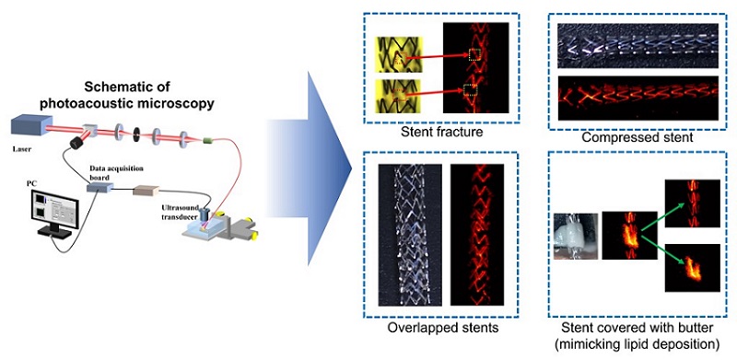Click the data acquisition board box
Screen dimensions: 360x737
click(x=99, y=188)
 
